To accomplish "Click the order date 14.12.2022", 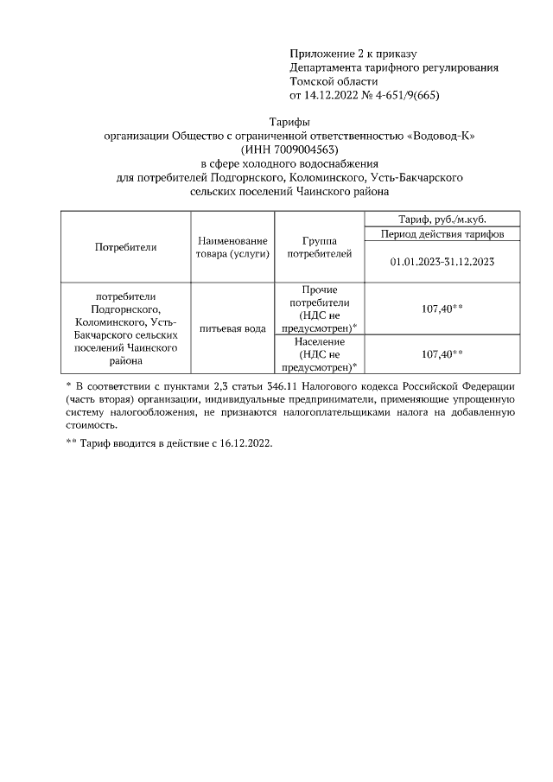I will (335, 96).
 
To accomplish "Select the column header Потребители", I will (125, 246).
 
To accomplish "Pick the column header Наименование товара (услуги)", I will (232, 246).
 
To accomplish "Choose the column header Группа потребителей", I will (320, 246).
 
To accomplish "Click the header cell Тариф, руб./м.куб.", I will (442, 219).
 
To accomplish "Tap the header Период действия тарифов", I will (442, 233).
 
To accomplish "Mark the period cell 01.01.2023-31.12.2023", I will (442, 261).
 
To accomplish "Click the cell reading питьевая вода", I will (232, 328).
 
